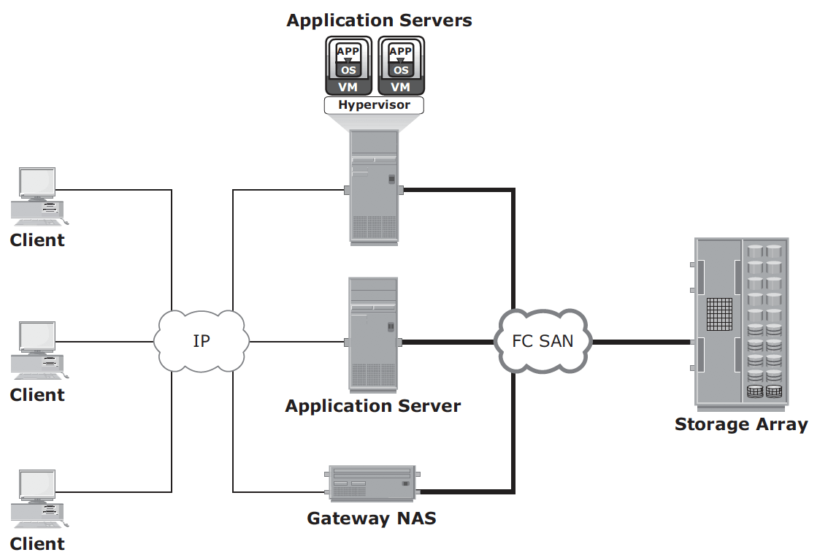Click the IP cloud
202,341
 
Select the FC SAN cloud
543,341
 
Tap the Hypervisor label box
374,104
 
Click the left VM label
348,87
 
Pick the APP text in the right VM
400,51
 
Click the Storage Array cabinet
740,324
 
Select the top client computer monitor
37,183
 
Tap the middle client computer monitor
37,337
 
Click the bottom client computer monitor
37,486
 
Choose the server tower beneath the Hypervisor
374,188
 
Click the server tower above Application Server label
373,334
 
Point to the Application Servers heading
379,20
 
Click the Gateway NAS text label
372,518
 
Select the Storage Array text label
741,424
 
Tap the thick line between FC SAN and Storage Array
641,342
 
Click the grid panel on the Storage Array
720,314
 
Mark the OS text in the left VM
348,70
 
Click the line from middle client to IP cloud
104,342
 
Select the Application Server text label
373,406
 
